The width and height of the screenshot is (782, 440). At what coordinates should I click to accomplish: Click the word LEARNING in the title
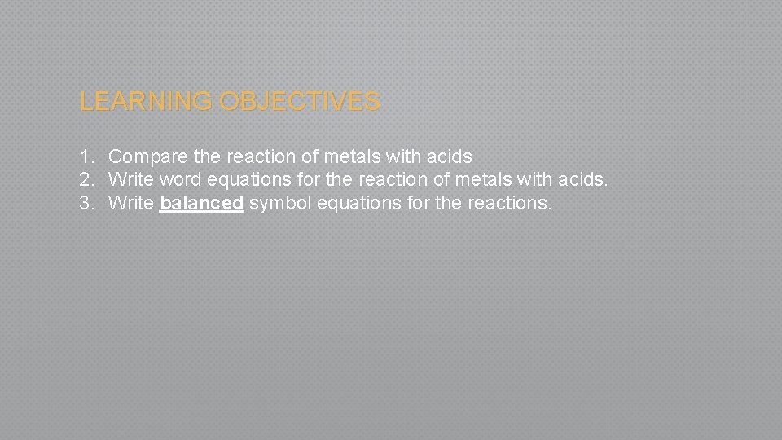(x=147, y=102)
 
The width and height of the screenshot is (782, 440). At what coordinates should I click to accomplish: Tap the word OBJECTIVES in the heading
(x=300, y=102)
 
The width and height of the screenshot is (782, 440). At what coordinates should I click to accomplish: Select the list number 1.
(x=86, y=156)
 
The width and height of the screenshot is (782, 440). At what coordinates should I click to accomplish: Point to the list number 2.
(x=86, y=179)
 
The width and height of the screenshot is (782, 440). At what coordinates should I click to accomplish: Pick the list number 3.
(x=86, y=203)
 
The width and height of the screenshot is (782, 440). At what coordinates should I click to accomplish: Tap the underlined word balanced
(x=202, y=203)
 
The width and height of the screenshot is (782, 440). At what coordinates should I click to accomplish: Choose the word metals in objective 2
(x=485, y=179)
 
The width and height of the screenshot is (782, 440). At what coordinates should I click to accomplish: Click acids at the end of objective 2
(x=582, y=179)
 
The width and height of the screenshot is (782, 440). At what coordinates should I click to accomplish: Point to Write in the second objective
(x=130, y=179)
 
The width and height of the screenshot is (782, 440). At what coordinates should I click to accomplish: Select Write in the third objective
(x=130, y=203)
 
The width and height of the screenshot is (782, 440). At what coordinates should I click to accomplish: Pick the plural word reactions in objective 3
(x=509, y=203)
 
